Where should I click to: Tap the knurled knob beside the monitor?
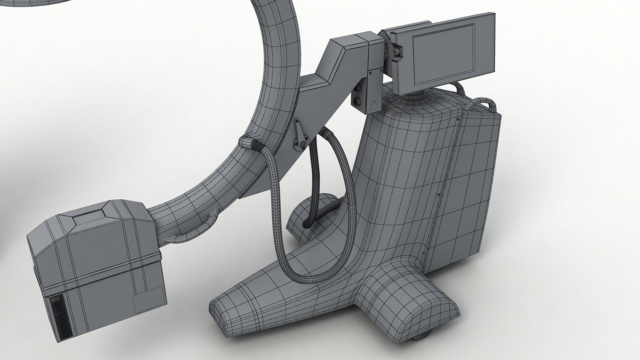(x=396, y=51)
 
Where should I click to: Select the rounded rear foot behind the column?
(x=310, y=220)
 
